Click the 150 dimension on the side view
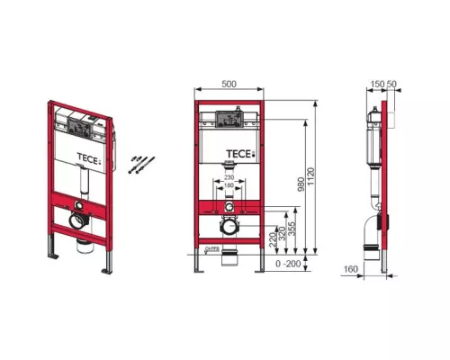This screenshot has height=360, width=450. (x=376, y=84)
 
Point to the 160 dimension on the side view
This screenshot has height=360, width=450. (x=351, y=267)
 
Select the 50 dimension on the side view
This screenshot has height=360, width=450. (x=392, y=84)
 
